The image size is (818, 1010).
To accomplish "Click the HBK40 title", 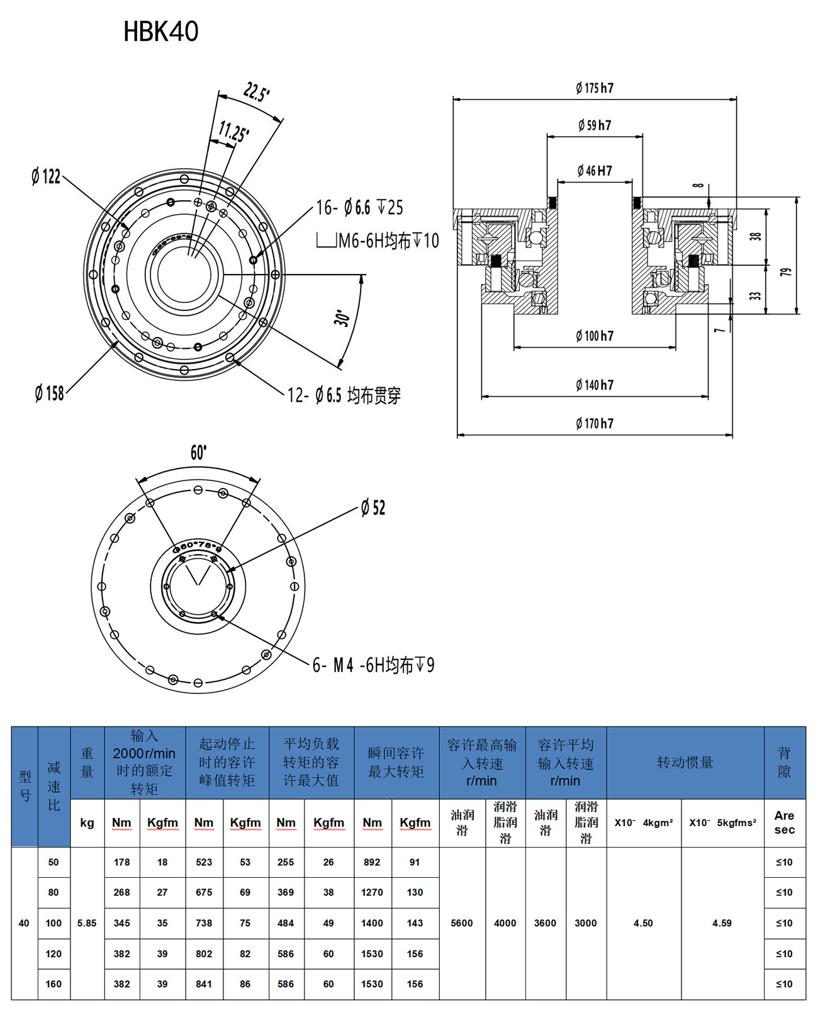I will click(161, 31).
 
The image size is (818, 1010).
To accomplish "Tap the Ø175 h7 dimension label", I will click(595, 88).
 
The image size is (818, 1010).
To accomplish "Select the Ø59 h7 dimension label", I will click(595, 125).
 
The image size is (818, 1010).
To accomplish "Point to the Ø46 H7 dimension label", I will click(595, 171).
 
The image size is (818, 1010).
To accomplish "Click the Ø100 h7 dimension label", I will click(595, 336).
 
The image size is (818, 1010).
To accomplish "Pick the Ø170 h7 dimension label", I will click(595, 424).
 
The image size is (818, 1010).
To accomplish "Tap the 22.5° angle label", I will click(257, 92).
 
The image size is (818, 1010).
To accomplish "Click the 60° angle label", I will click(198, 453).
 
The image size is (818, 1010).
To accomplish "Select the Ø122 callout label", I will click(46, 176).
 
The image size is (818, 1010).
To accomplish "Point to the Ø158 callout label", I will click(50, 394).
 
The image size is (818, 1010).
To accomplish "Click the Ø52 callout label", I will click(373, 508).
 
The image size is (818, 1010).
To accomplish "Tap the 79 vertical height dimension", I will click(786, 272).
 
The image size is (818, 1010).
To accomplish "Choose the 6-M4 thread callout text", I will click(374, 665).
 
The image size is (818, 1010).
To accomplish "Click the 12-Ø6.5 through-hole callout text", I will click(344, 395).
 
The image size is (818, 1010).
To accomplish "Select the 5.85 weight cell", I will click(87, 923).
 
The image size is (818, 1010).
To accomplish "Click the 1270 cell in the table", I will click(372, 892).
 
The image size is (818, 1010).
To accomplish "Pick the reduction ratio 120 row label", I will click(53, 954).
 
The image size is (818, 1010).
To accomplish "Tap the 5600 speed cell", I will click(462, 923).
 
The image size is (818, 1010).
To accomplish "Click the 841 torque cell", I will click(204, 984).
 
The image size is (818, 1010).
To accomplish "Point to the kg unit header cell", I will click(87, 822).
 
